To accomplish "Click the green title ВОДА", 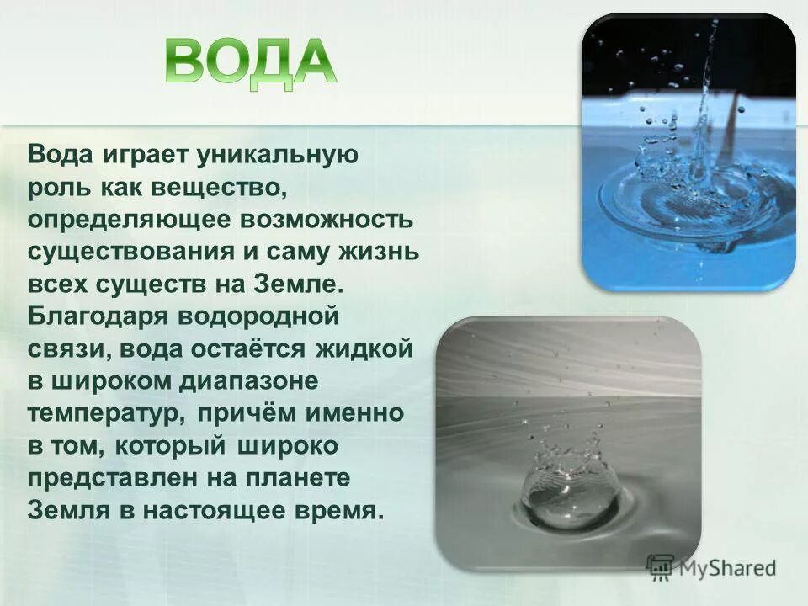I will (x=250, y=61).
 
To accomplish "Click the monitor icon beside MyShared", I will (x=661, y=567).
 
